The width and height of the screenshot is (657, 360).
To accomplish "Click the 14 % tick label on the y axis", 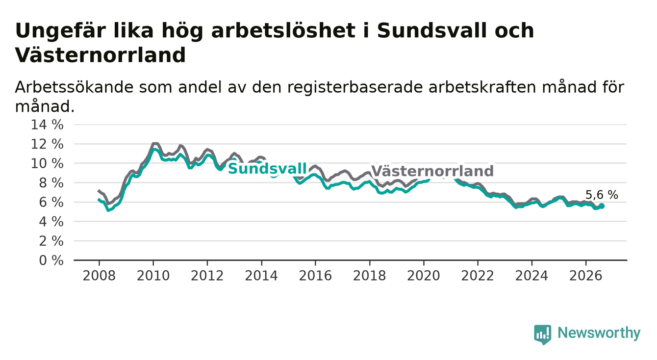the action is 47,125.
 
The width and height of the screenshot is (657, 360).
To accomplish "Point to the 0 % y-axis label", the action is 51,260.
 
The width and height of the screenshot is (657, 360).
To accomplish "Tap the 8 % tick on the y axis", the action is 51,183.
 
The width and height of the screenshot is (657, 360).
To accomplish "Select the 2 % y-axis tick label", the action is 51,241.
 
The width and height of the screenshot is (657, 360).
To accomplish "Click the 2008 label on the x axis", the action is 99,276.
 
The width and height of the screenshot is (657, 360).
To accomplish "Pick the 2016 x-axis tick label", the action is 315,276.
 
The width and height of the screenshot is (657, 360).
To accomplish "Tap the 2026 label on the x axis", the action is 586,276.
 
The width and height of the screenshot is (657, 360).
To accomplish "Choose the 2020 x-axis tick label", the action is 424,276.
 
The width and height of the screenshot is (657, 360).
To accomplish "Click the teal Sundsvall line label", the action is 267,169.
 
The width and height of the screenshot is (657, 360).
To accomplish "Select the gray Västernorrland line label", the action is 432,171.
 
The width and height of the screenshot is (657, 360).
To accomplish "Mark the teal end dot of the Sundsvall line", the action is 602,206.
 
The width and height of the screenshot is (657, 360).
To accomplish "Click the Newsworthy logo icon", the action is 543,334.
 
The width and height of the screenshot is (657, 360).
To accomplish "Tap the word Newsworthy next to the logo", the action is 599,333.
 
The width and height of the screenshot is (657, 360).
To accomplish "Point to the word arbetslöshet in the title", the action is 283,30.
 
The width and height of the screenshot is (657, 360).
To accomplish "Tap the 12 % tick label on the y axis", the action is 47,144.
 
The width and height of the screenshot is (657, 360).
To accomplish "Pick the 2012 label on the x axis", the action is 207,276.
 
